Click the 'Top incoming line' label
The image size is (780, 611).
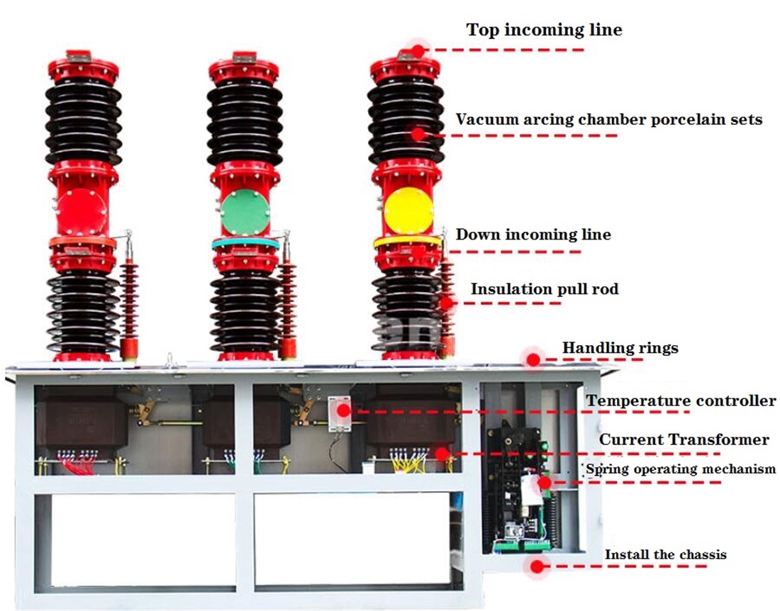pyautogui.click(x=544, y=30)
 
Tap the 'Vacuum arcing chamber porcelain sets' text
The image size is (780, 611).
pyautogui.click(x=608, y=119)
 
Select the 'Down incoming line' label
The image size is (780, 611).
pyautogui.click(x=533, y=234)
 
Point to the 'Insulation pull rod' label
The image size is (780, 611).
pyautogui.click(x=545, y=289)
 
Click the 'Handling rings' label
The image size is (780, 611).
pyautogui.click(x=620, y=348)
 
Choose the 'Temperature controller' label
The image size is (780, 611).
pyautogui.click(x=681, y=401)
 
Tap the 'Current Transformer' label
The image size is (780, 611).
pyautogui.click(x=684, y=439)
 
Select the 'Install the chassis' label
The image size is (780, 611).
pyautogui.click(x=665, y=554)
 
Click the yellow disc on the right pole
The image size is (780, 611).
pyautogui.click(x=408, y=211)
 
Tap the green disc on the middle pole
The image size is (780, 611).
pyautogui.click(x=246, y=212)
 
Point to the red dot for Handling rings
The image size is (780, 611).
pyautogui.click(x=533, y=359)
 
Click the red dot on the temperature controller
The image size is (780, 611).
pyautogui.click(x=343, y=410)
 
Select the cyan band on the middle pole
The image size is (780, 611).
pyautogui.click(x=245, y=243)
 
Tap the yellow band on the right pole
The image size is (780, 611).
pyautogui.click(x=408, y=241)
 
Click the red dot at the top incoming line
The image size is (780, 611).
pyautogui.click(x=418, y=50)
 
